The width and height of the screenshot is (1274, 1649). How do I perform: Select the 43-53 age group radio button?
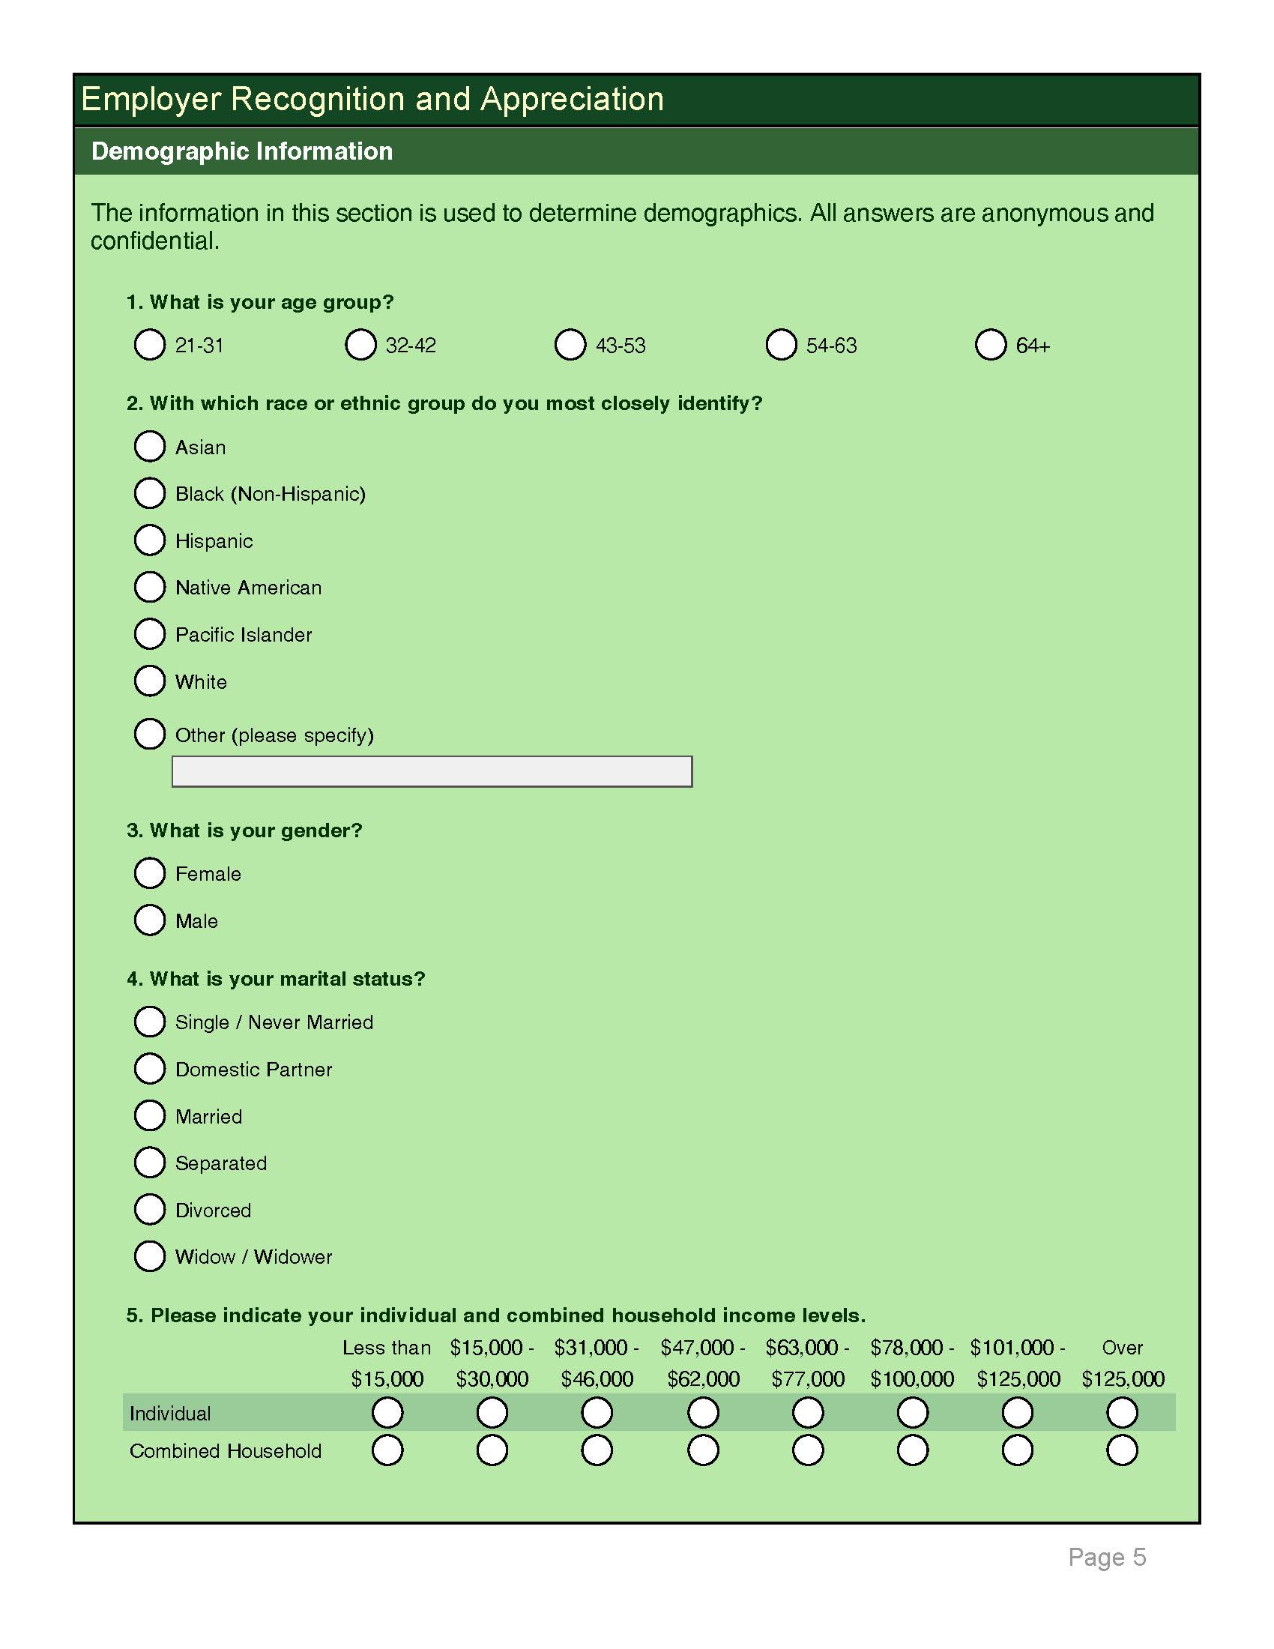pyautogui.click(x=570, y=345)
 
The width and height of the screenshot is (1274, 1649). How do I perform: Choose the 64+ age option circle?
pyautogui.click(x=990, y=345)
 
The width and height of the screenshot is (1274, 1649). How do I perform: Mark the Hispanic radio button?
pyautogui.click(x=149, y=540)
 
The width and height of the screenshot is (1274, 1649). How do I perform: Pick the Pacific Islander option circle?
pyautogui.click(x=149, y=634)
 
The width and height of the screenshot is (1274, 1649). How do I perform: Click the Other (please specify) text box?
pyautogui.click(x=432, y=771)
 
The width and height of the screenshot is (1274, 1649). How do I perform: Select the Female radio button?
pyautogui.click(x=149, y=873)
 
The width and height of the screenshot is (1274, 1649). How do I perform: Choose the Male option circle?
pyautogui.click(x=149, y=920)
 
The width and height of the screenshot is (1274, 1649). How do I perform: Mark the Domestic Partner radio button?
pyautogui.click(x=149, y=1069)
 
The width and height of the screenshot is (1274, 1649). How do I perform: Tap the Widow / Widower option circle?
pyautogui.click(x=149, y=1256)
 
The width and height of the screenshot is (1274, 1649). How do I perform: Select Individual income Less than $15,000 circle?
pyautogui.click(x=387, y=1413)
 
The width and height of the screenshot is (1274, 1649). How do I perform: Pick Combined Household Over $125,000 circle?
pyautogui.click(x=1122, y=1450)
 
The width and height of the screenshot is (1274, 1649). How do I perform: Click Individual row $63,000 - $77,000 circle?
pyautogui.click(x=808, y=1413)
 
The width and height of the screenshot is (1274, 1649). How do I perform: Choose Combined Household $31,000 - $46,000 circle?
pyautogui.click(x=597, y=1450)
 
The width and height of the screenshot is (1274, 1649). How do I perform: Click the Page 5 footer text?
pyautogui.click(x=1106, y=1557)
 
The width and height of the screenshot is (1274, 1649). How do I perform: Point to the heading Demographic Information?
pyautogui.click(x=241, y=151)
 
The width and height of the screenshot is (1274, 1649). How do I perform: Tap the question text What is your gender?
pyautogui.click(x=255, y=830)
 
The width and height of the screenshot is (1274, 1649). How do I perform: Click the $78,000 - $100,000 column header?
pyautogui.click(x=912, y=1363)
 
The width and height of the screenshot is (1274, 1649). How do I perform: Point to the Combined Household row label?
pyautogui.click(x=225, y=1451)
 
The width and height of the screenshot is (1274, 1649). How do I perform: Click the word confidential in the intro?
pyautogui.click(x=154, y=241)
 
